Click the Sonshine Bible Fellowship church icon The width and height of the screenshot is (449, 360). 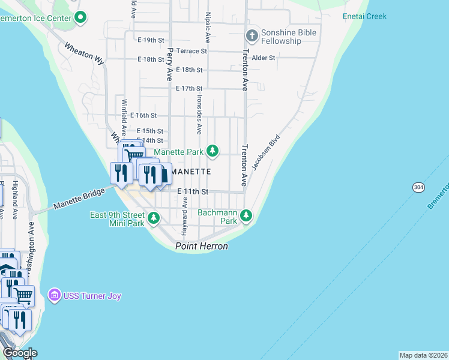click(x=252, y=36)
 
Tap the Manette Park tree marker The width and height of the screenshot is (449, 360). click(x=212, y=151)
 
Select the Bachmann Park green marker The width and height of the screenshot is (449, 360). click(x=246, y=215)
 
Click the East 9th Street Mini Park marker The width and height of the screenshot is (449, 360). click(x=154, y=217)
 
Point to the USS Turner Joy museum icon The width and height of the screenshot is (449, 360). click(x=55, y=295)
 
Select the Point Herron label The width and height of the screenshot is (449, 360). click(x=202, y=247)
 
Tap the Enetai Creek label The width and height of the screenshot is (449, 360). click(x=364, y=17)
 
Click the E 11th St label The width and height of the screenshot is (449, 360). click(x=193, y=191)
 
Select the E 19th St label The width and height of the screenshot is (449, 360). click(x=150, y=40)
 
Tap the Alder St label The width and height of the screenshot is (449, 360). click(x=264, y=58)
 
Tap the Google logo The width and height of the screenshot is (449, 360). click(x=19, y=352)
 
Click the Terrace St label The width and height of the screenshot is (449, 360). click(x=194, y=51)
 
